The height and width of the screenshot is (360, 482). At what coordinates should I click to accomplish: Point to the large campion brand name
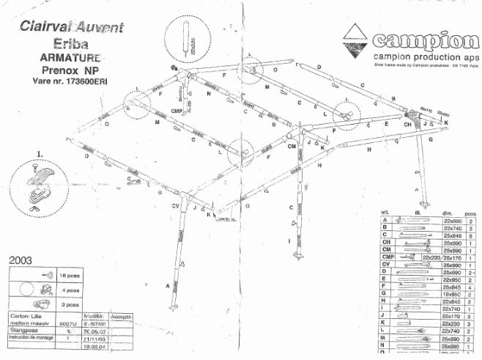pos(426,40)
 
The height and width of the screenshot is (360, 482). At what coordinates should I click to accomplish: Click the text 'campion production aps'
pos(425,56)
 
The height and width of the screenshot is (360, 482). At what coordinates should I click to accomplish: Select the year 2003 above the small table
pos(25,260)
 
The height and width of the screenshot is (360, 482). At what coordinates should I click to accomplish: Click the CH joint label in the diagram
pos(409,125)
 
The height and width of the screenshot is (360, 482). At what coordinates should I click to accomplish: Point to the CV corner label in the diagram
pos(176,207)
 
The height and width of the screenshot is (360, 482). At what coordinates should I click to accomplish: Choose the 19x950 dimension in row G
pos(450,294)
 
